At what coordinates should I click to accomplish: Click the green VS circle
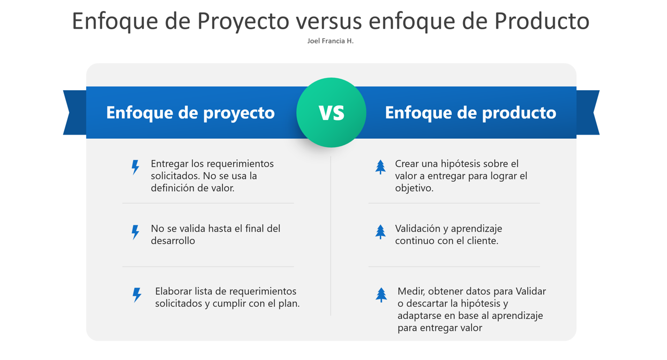point(331,112)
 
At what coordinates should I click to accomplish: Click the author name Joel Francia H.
point(331,41)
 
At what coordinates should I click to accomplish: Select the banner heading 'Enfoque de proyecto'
point(190,113)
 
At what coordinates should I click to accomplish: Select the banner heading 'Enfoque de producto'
point(470,113)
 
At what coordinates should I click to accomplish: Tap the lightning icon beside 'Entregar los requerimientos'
point(136,167)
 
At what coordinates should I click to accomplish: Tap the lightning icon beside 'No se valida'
point(136,232)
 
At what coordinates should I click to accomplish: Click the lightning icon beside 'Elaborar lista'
point(137,295)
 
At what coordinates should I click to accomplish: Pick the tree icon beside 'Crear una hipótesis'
point(380,167)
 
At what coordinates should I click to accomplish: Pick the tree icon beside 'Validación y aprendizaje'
point(380,232)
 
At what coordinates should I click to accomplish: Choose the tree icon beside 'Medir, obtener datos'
point(381,295)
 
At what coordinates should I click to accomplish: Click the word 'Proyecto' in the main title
point(243,21)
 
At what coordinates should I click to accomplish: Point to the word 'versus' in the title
point(329,22)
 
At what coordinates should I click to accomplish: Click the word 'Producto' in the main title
point(542,21)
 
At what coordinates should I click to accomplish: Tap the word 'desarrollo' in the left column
point(173,241)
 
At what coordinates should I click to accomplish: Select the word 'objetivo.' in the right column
point(414,188)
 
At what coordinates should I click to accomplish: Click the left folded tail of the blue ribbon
point(75,112)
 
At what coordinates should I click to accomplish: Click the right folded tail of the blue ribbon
point(588,112)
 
